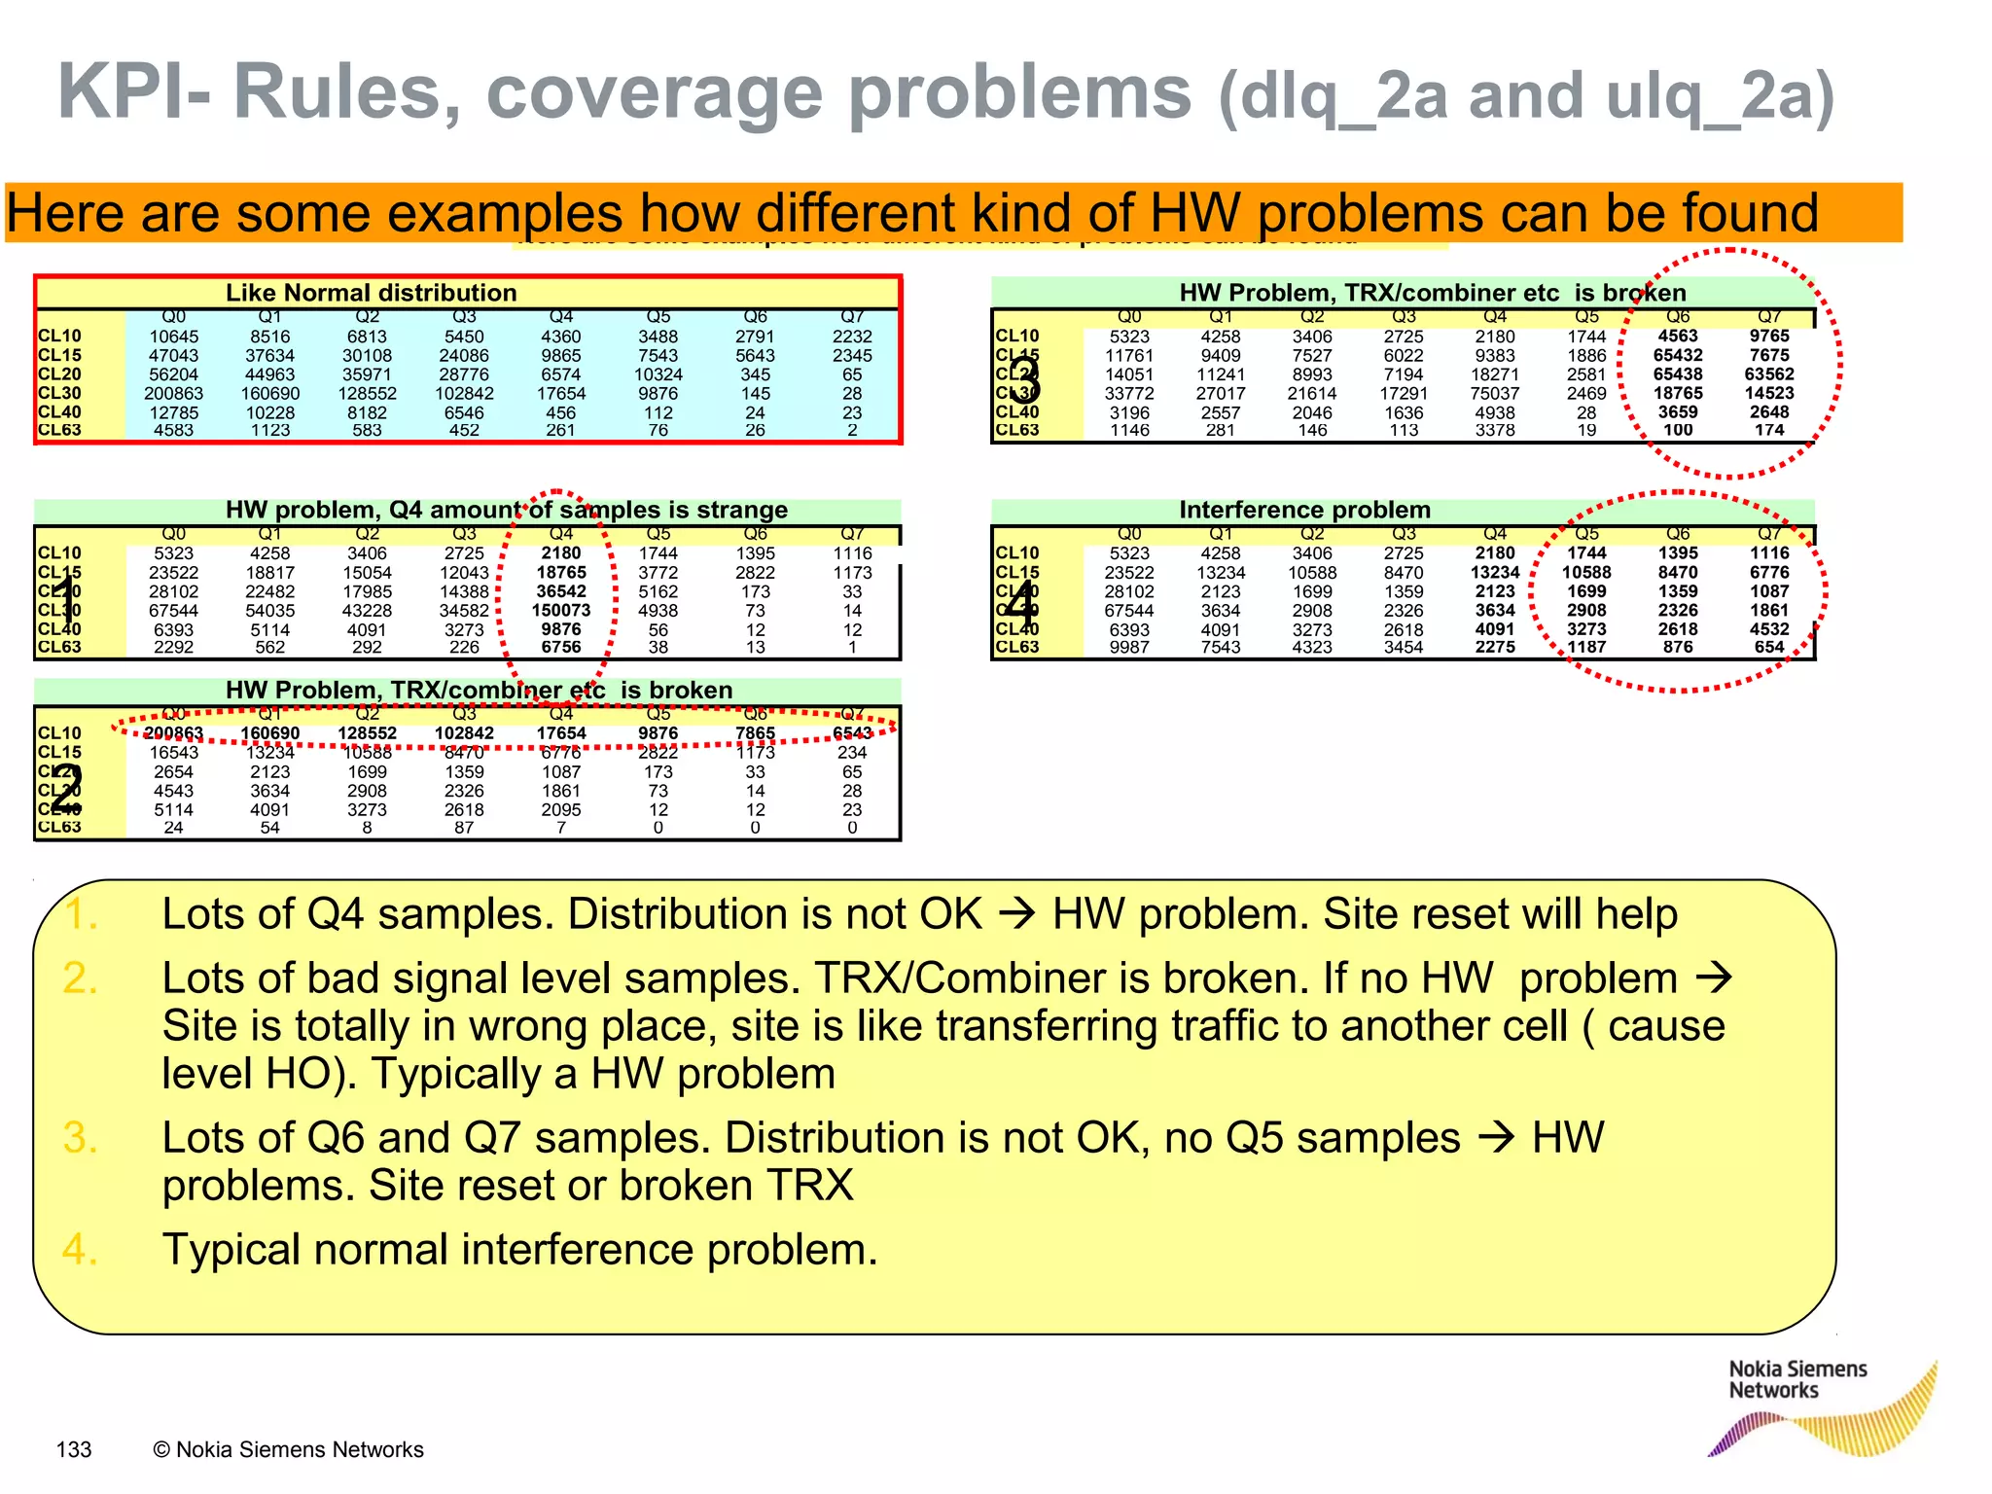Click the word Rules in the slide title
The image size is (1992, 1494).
(x=345, y=92)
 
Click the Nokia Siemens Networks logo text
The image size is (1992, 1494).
(x=1796, y=1379)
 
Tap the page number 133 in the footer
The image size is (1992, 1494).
(x=74, y=1449)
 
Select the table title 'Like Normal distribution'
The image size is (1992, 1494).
(x=371, y=293)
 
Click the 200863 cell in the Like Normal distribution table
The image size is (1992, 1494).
(x=173, y=394)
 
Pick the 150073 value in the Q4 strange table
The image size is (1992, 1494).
(x=561, y=611)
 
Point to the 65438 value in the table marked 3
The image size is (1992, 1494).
(x=1678, y=374)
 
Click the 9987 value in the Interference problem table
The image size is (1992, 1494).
(x=1129, y=647)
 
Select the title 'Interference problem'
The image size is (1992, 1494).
(x=1304, y=510)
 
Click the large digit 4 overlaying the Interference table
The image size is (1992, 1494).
(x=1020, y=605)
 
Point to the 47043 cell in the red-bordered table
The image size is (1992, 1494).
(x=173, y=356)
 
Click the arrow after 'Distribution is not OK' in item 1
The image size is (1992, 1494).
(x=1017, y=914)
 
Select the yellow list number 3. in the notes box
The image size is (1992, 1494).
(x=80, y=1138)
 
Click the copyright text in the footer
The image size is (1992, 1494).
(x=288, y=1449)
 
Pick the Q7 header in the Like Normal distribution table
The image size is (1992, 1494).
(x=852, y=317)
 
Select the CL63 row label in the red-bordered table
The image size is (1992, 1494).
(x=59, y=430)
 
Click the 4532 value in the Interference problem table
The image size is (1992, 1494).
(x=1769, y=629)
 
